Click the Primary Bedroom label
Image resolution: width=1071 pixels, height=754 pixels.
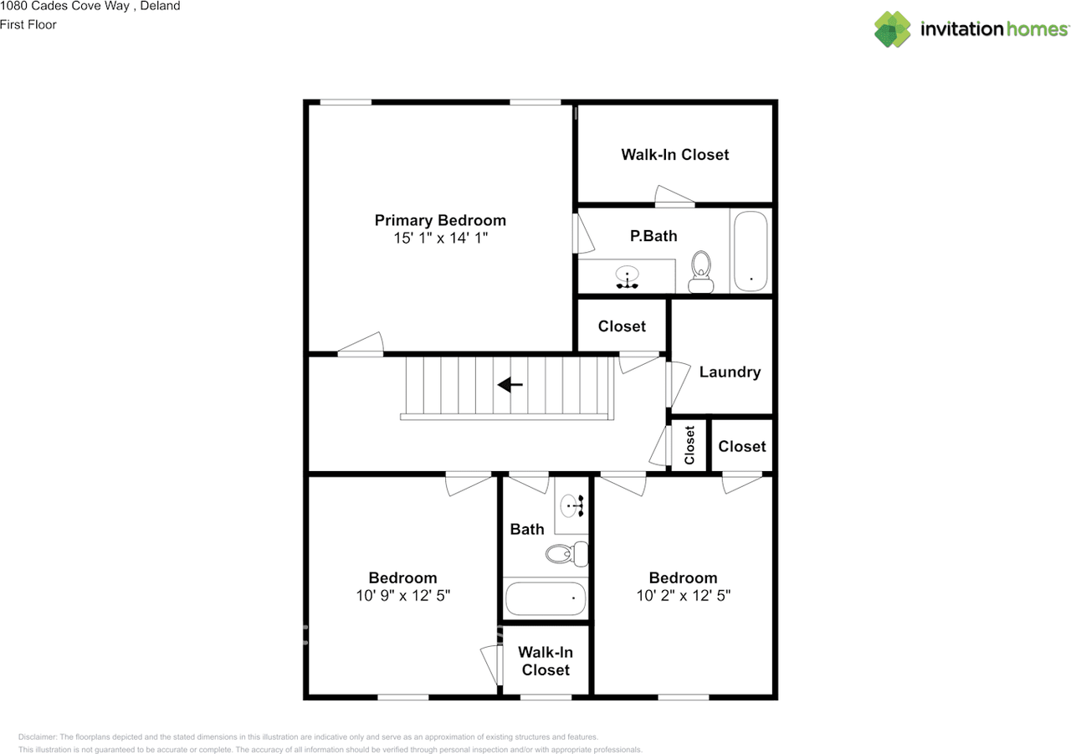(440, 221)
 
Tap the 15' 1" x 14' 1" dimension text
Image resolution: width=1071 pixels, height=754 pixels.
(440, 239)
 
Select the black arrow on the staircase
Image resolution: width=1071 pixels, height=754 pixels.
(510, 385)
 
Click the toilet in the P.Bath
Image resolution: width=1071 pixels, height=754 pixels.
(701, 271)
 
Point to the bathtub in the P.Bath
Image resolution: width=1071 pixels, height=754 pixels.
(750, 251)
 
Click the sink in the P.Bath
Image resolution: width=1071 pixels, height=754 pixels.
(628, 276)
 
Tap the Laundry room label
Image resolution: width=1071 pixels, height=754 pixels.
(730, 372)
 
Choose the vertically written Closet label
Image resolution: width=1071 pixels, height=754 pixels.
(689, 445)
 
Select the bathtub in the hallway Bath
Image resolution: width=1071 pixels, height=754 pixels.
(546, 598)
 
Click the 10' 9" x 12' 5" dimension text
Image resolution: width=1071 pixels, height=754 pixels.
(403, 596)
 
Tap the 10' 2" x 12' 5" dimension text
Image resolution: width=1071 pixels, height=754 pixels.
(683, 596)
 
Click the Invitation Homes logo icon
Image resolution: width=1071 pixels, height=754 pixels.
(893, 29)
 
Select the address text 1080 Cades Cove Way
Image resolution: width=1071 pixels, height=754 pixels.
(90, 7)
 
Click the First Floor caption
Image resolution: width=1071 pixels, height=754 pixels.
(28, 24)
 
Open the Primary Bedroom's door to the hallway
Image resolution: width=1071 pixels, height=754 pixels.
(361, 346)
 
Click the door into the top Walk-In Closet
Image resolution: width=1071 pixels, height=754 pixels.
(674, 197)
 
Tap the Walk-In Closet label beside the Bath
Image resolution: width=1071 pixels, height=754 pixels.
(546, 661)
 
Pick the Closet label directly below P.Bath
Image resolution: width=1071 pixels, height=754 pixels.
(622, 326)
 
